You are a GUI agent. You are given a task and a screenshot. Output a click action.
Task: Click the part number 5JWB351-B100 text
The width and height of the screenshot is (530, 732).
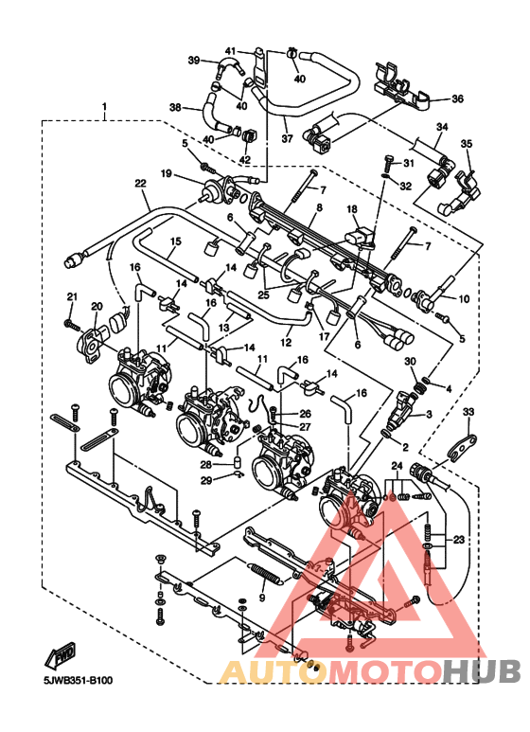75,681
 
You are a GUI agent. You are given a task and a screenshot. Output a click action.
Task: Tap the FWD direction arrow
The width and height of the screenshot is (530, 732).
61,655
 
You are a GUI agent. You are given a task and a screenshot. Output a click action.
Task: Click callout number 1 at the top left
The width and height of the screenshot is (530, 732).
104,107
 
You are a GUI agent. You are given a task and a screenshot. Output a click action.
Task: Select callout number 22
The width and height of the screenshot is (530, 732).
140,184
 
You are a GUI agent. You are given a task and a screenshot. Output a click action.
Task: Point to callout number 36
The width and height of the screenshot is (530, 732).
457,98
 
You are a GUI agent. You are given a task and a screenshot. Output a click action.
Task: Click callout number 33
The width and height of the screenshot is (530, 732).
468,412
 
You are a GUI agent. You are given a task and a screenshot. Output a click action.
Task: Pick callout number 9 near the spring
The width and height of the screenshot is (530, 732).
262,598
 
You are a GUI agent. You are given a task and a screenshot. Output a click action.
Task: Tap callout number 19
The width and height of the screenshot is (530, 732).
166,174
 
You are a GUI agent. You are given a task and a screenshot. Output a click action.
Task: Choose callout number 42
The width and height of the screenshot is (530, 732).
245,159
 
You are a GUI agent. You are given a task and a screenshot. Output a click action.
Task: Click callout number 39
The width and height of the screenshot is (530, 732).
194,61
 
